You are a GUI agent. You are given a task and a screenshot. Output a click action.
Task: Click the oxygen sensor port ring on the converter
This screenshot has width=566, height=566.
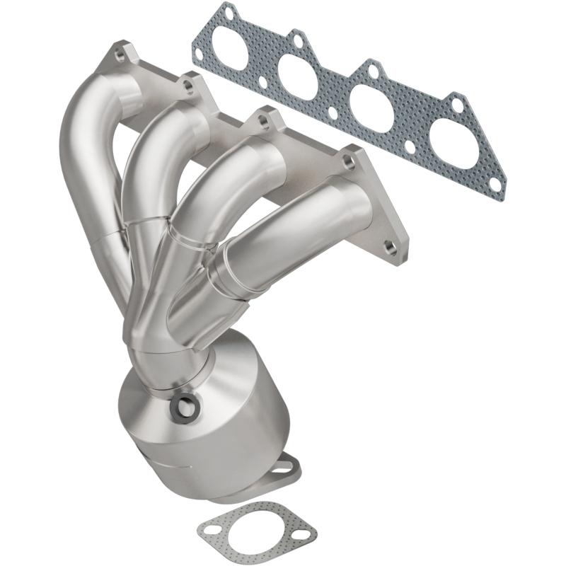tap(185, 406)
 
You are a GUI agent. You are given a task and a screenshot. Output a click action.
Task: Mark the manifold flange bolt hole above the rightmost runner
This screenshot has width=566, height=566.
tap(348, 161)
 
